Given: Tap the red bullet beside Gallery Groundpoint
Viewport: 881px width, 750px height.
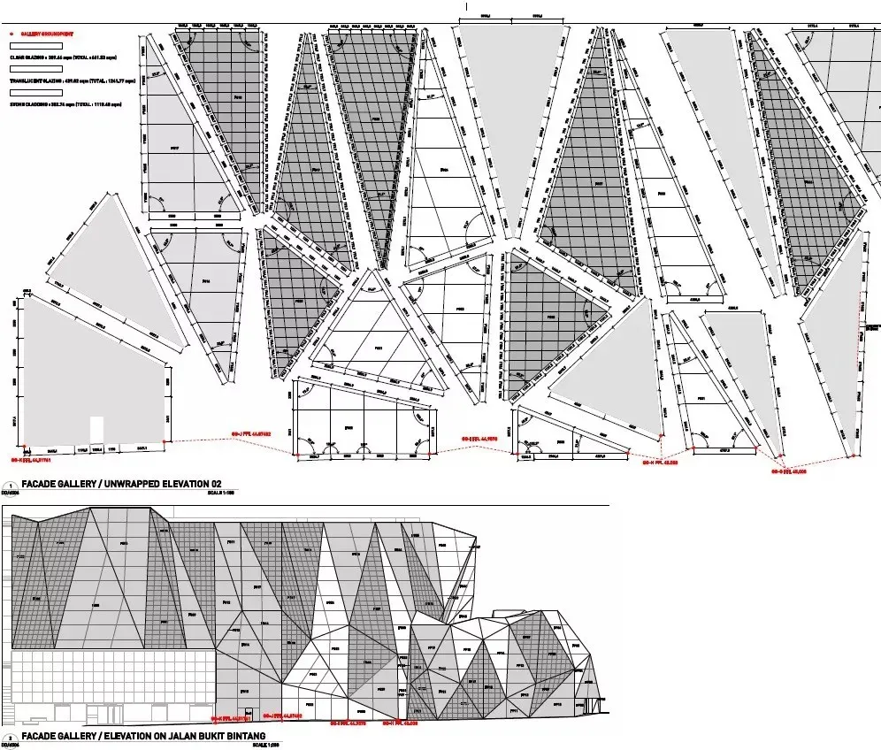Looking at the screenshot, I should point(11,34).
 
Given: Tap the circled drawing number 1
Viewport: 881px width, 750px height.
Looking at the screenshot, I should point(10,485).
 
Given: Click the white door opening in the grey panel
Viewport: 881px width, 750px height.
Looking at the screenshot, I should point(97,428).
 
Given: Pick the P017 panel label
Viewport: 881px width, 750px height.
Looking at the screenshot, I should point(174,147).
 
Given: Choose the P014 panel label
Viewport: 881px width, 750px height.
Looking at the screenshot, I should point(205,282).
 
